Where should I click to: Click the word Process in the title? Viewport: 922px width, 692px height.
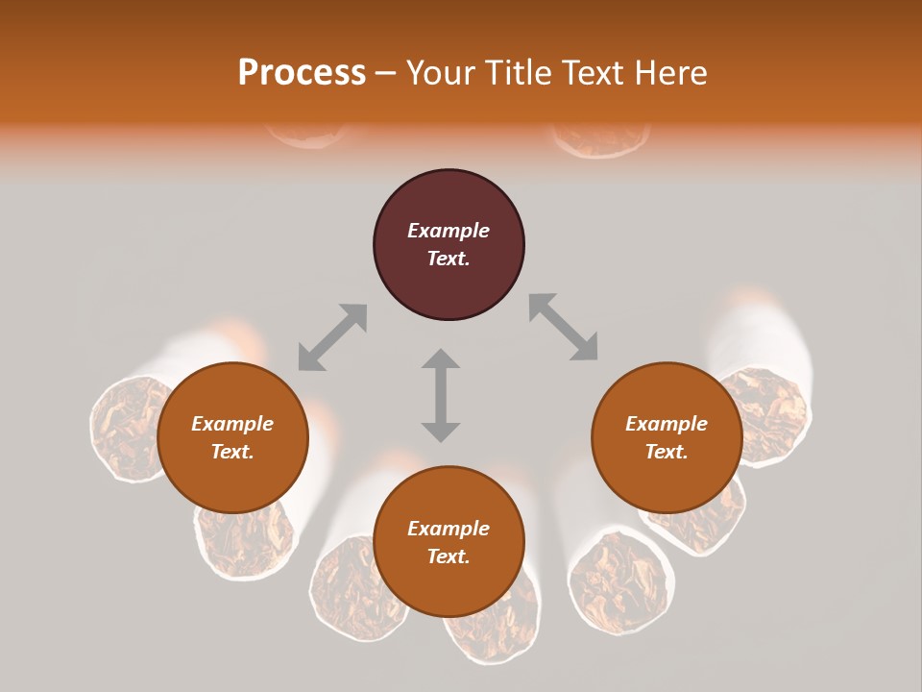pos(302,73)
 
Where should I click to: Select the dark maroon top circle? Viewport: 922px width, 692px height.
pos(449,245)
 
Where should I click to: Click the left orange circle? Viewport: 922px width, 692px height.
pos(232,438)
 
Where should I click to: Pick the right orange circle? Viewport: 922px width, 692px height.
pos(667,438)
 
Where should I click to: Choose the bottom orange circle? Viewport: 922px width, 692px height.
pos(449,542)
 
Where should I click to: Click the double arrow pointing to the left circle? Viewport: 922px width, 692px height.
pos(332,337)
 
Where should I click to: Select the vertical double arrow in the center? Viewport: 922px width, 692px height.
pos(441,395)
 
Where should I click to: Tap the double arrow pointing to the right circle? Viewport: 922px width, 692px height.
pos(563,328)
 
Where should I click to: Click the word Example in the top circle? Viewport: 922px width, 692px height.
pos(449,231)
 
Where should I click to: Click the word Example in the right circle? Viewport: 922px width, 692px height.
pos(667,424)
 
